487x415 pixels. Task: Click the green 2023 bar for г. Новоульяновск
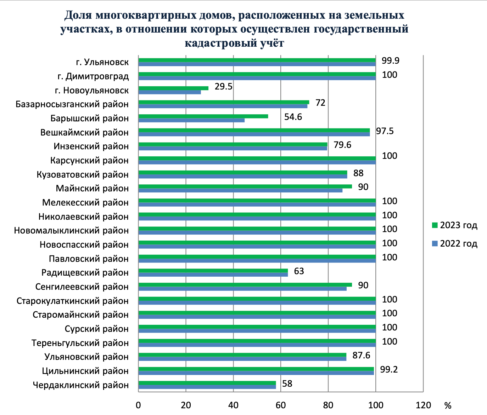click(x=173, y=88)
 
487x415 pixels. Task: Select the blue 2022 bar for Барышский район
click(x=191, y=120)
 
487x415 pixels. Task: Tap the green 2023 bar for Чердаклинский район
click(x=207, y=383)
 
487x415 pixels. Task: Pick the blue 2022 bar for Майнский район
click(x=240, y=190)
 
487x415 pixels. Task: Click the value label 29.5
click(x=223, y=87)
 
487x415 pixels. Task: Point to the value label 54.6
click(x=293, y=117)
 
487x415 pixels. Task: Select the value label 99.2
click(x=389, y=370)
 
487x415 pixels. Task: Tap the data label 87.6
click(x=361, y=356)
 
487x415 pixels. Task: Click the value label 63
click(x=299, y=271)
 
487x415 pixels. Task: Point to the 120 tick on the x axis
click(x=423, y=405)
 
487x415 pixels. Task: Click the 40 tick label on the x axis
click(x=233, y=405)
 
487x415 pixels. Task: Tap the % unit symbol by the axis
click(x=448, y=405)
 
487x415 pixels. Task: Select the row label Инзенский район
click(x=91, y=146)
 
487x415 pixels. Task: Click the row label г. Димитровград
click(x=93, y=76)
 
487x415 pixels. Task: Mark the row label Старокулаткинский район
click(x=72, y=301)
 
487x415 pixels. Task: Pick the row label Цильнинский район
click(x=85, y=371)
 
